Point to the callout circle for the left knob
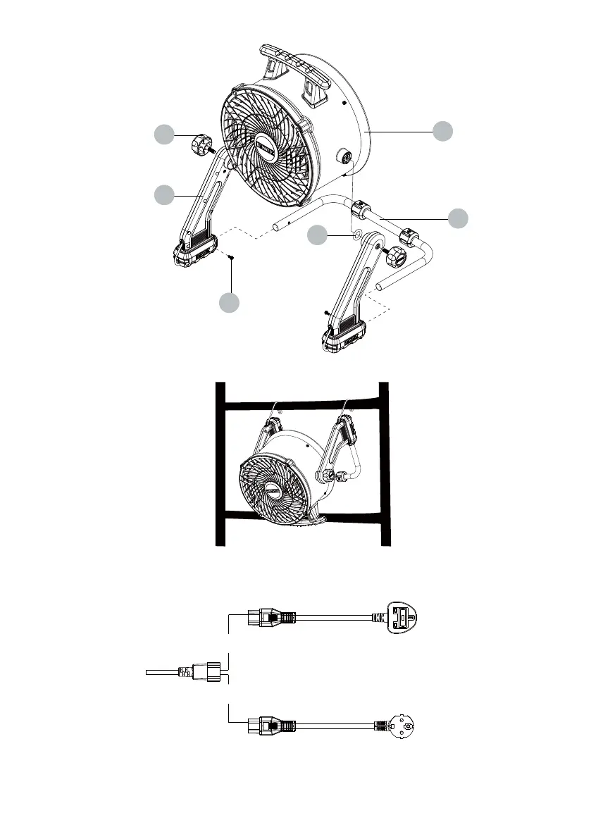tap(165, 135)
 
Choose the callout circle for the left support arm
tap(165, 194)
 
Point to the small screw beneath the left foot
tap(230, 259)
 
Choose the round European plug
tap(401, 726)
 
